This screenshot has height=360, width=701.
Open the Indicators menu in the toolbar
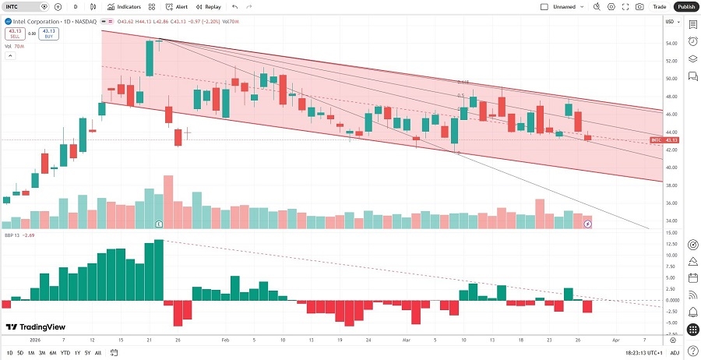pos(124,6)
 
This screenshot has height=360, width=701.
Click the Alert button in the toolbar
pos(177,6)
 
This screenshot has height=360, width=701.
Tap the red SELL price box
pos(14,34)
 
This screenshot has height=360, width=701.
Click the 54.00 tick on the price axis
pos(669,42)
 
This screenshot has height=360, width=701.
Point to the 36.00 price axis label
pos(669,203)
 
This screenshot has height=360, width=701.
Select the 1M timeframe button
pos(30,353)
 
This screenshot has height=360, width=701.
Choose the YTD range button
pos(65,353)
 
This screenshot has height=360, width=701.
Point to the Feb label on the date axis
pos(224,341)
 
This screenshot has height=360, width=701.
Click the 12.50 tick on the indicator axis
pos(670,244)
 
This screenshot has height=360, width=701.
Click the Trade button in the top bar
pos(659,6)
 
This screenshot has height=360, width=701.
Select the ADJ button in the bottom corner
pos(675,353)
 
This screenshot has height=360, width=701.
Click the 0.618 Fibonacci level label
pos(463,81)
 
